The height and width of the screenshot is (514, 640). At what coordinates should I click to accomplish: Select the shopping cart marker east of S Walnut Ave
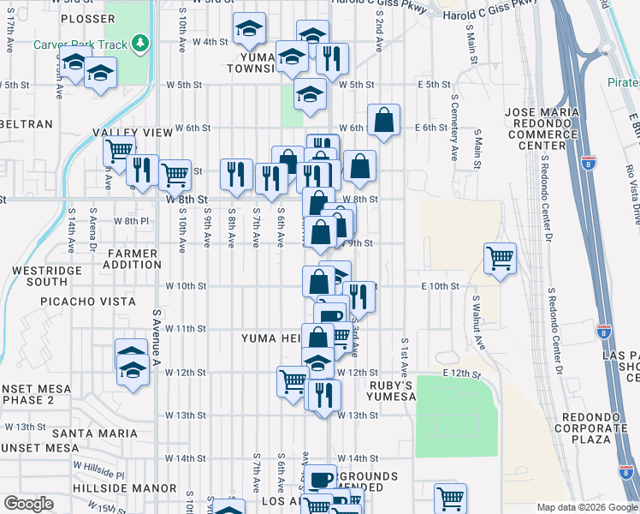[x=500, y=257]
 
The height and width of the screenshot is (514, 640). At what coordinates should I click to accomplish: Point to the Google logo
[x=28, y=504]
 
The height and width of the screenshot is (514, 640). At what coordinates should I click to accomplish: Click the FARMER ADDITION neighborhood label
[x=133, y=260]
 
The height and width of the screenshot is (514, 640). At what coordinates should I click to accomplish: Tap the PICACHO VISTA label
[x=84, y=302]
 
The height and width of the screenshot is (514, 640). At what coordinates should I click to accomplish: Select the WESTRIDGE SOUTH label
[x=35, y=275]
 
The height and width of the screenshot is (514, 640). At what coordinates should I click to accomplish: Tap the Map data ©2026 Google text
[x=587, y=507]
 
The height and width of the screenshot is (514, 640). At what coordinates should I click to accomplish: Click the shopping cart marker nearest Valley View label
[x=119, y=151]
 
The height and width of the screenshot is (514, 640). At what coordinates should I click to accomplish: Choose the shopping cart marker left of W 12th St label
[x=293, y=380]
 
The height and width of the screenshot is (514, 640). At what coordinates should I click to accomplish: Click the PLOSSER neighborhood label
[x=88, y=18]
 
